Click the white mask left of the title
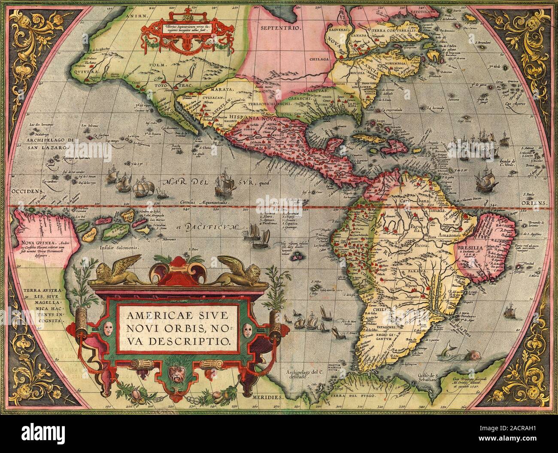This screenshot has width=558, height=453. tap(107, 330)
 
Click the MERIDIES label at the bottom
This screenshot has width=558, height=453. tap(267, 397)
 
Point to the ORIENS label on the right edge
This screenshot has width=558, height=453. tap(537, 202)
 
